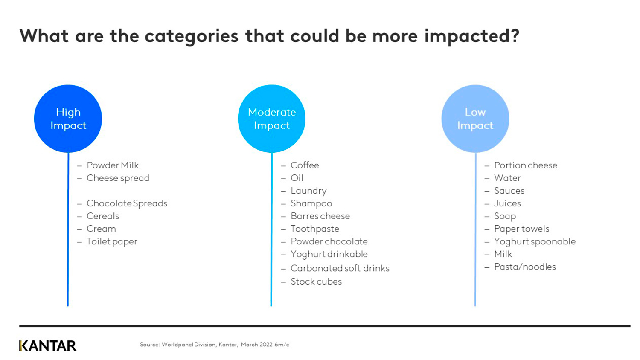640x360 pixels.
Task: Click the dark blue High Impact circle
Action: click(68, 119)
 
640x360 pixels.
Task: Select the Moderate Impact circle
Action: click(271, 119)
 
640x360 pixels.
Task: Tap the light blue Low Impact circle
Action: click(475, 119)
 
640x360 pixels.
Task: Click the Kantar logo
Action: click(48, 345)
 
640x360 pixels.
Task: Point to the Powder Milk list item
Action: click(113, 165)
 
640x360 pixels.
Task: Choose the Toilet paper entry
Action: click(112, 241)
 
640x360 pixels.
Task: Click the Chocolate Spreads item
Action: click(127, 203)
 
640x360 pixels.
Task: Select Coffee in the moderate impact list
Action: click(305, 165)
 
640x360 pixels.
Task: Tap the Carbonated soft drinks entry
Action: click(340, 268)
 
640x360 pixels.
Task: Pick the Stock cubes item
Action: click(316, 282)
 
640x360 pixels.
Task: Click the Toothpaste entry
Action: click(314, 229)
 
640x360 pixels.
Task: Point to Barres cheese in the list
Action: click(320, 216)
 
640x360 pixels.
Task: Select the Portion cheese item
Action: click(525, 165)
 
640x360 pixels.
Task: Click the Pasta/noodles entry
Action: click(525, 267)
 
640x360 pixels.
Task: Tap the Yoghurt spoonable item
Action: click(535, 241)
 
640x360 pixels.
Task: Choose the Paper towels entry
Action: click(521, 229)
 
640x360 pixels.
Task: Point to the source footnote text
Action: click(214, 345)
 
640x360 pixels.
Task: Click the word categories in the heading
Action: click(191, 36)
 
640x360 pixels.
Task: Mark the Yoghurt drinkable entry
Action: click(329, 254)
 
